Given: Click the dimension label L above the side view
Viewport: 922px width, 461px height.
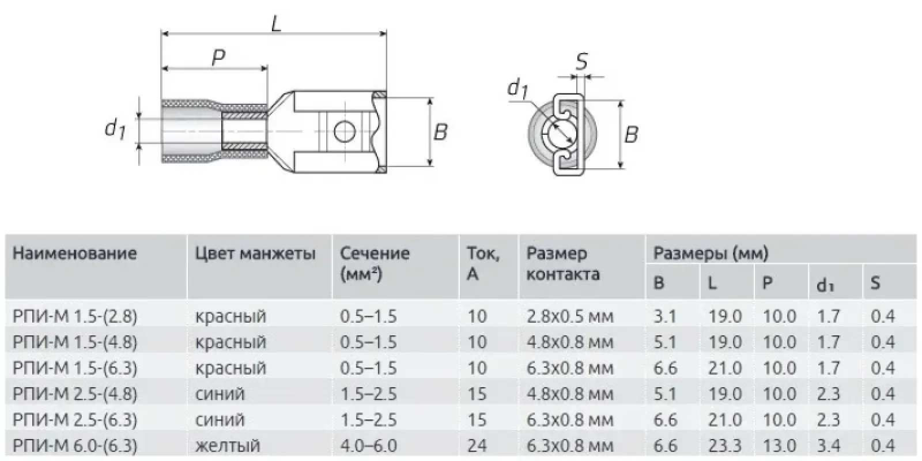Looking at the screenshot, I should tap(277, 24).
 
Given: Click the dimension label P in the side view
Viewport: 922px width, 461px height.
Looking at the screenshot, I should tap(218, 57).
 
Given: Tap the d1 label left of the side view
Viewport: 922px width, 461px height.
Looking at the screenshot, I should tap(115, 127).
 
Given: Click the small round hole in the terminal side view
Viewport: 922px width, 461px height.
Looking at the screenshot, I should tap(344, 132).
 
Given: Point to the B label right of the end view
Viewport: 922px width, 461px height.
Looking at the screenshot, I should tap(632, 135).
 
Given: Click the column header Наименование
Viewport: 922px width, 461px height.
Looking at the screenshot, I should tap(75, 254).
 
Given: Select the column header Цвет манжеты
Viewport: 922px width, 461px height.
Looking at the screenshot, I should tap(255, 254).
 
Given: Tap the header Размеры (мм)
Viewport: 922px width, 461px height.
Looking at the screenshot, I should tap(710, 253).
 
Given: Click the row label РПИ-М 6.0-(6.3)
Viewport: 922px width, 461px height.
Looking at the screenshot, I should tap(75, 445).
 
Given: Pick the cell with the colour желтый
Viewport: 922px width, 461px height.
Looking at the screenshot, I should tap(228, 445).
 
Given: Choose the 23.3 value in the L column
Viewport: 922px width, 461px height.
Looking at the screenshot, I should tap(725, 445).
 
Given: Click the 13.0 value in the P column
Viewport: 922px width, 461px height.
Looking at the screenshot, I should tap(779, 445).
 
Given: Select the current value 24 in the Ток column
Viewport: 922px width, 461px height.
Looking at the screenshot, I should tap(477, 445).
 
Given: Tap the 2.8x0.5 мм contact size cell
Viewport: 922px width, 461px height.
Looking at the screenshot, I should tap(570, 316).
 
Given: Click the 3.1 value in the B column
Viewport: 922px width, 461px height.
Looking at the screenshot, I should tap(664, 316).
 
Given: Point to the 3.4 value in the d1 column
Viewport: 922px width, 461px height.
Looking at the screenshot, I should tap(829, 445).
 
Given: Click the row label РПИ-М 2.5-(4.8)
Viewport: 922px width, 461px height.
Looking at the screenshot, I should tap(75, 394).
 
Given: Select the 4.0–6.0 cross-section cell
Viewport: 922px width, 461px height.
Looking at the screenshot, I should tap(368, 445).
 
